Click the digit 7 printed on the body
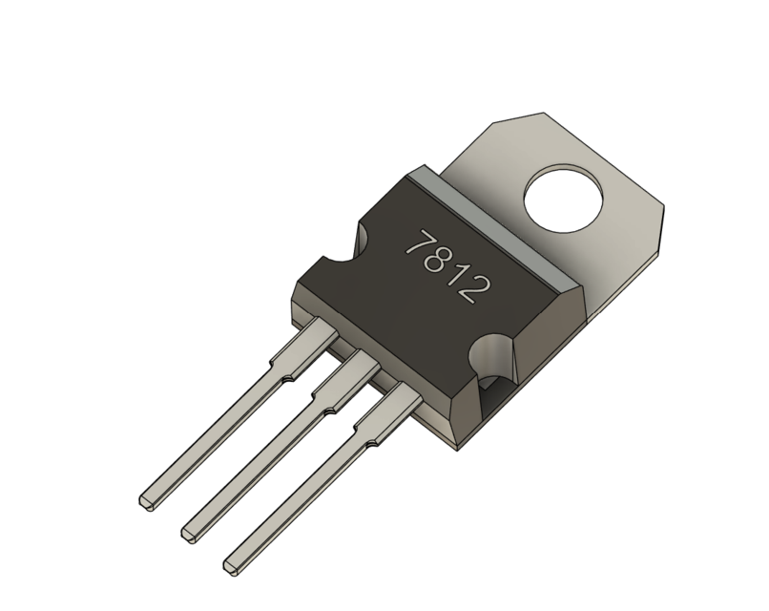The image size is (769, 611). (x=418, y=244)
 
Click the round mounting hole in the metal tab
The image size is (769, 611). (x=564, y=198)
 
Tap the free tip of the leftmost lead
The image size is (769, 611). (x=147, y=498)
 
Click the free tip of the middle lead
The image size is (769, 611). (x=189, y=527)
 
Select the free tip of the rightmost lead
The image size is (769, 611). (x=233, y=565)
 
